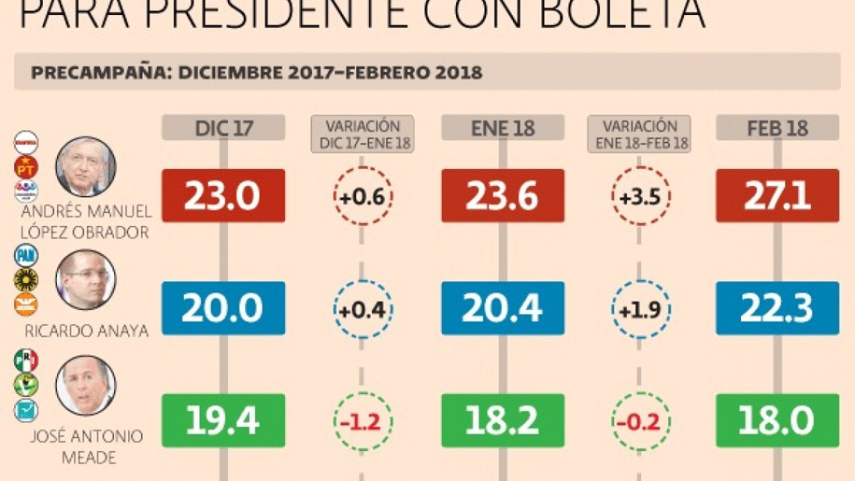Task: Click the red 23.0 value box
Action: [x=223, y=195]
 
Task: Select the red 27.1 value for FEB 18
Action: [x=777, y=195]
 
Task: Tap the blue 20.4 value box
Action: [x=502, y=308]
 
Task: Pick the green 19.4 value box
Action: [x=223, y=420]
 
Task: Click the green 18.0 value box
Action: [x=777, y=420]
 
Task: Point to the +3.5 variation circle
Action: [x=640, y=196]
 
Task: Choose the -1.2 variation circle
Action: [x=363, y=421]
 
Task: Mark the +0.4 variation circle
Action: [x=363, y=309]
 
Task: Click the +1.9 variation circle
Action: [x=640, y=309]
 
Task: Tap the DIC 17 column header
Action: [x=223, y=128]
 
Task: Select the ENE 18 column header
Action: [x=502, y=128]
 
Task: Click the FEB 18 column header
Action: [x=777, y=128]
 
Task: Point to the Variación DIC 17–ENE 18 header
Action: [x=363, y=133]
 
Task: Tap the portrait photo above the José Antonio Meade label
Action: [x=85, y=386]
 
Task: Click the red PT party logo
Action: [x=26, y=167]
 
